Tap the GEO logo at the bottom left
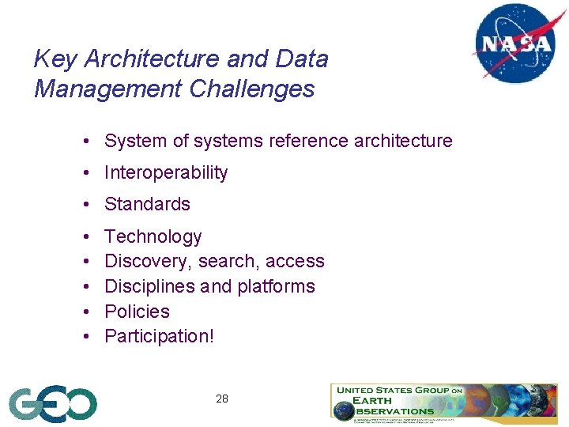click(53, 404)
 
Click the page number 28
click(222, 399)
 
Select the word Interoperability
click(166, 172)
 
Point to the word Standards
click(147, 204)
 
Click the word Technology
click(153, 236)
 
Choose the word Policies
click(137, 311)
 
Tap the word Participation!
click(159, 336)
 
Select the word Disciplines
click(150, 286)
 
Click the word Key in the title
click(55, 59)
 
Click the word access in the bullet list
click(295, 262)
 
